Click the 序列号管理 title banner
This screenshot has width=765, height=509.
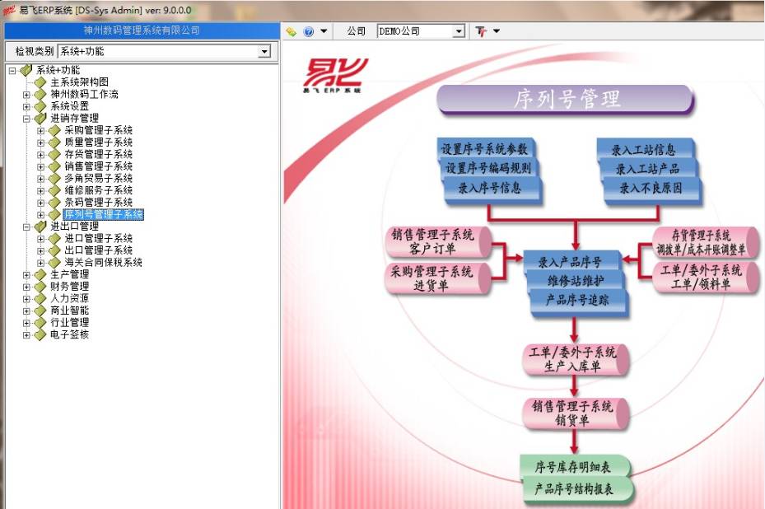coord(566,100)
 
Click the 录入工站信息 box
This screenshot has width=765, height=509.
coord(644,150)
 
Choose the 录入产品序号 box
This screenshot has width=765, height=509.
coord(570,262)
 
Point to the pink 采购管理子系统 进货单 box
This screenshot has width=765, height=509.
coord(436,278)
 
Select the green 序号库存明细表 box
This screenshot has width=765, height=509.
coord(574,467)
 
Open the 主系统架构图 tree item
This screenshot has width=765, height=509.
coord(79,82)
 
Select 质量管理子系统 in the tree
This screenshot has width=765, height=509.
coord(98,142)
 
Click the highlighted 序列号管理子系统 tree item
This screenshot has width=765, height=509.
coord(103,214)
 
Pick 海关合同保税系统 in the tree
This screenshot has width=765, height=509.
coord(103,263)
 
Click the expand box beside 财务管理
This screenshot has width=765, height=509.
coord(26,287)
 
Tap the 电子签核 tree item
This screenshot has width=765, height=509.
coord(69,334)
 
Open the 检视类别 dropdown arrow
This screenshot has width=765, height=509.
coord(264,52)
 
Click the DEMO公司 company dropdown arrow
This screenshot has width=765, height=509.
coord(459,31)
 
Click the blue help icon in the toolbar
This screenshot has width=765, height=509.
coord(309,31)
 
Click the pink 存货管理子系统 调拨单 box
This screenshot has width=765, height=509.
coord(700,242)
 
